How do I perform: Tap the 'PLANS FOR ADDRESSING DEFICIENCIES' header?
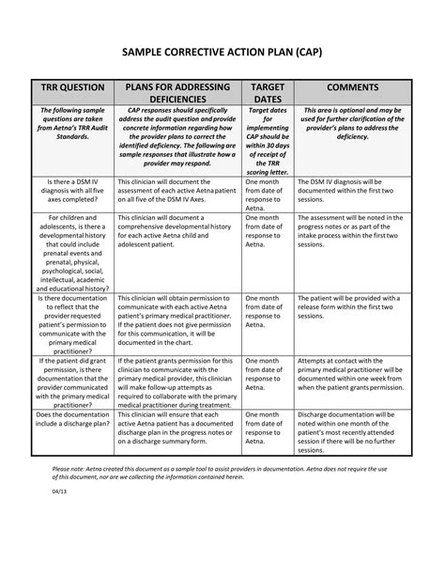[176, 94]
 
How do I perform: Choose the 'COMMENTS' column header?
[352, 87]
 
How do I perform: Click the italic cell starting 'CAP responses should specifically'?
[176, 136]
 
